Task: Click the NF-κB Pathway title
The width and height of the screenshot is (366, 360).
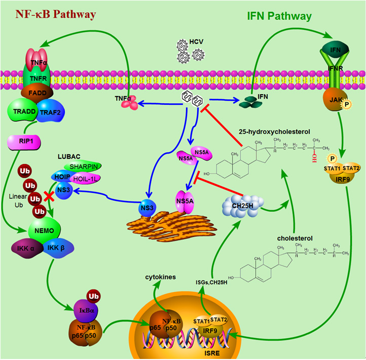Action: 49,14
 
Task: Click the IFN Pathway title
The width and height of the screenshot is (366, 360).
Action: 279,16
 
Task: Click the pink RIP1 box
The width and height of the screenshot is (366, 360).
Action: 24,143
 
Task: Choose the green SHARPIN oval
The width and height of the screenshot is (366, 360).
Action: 84,166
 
